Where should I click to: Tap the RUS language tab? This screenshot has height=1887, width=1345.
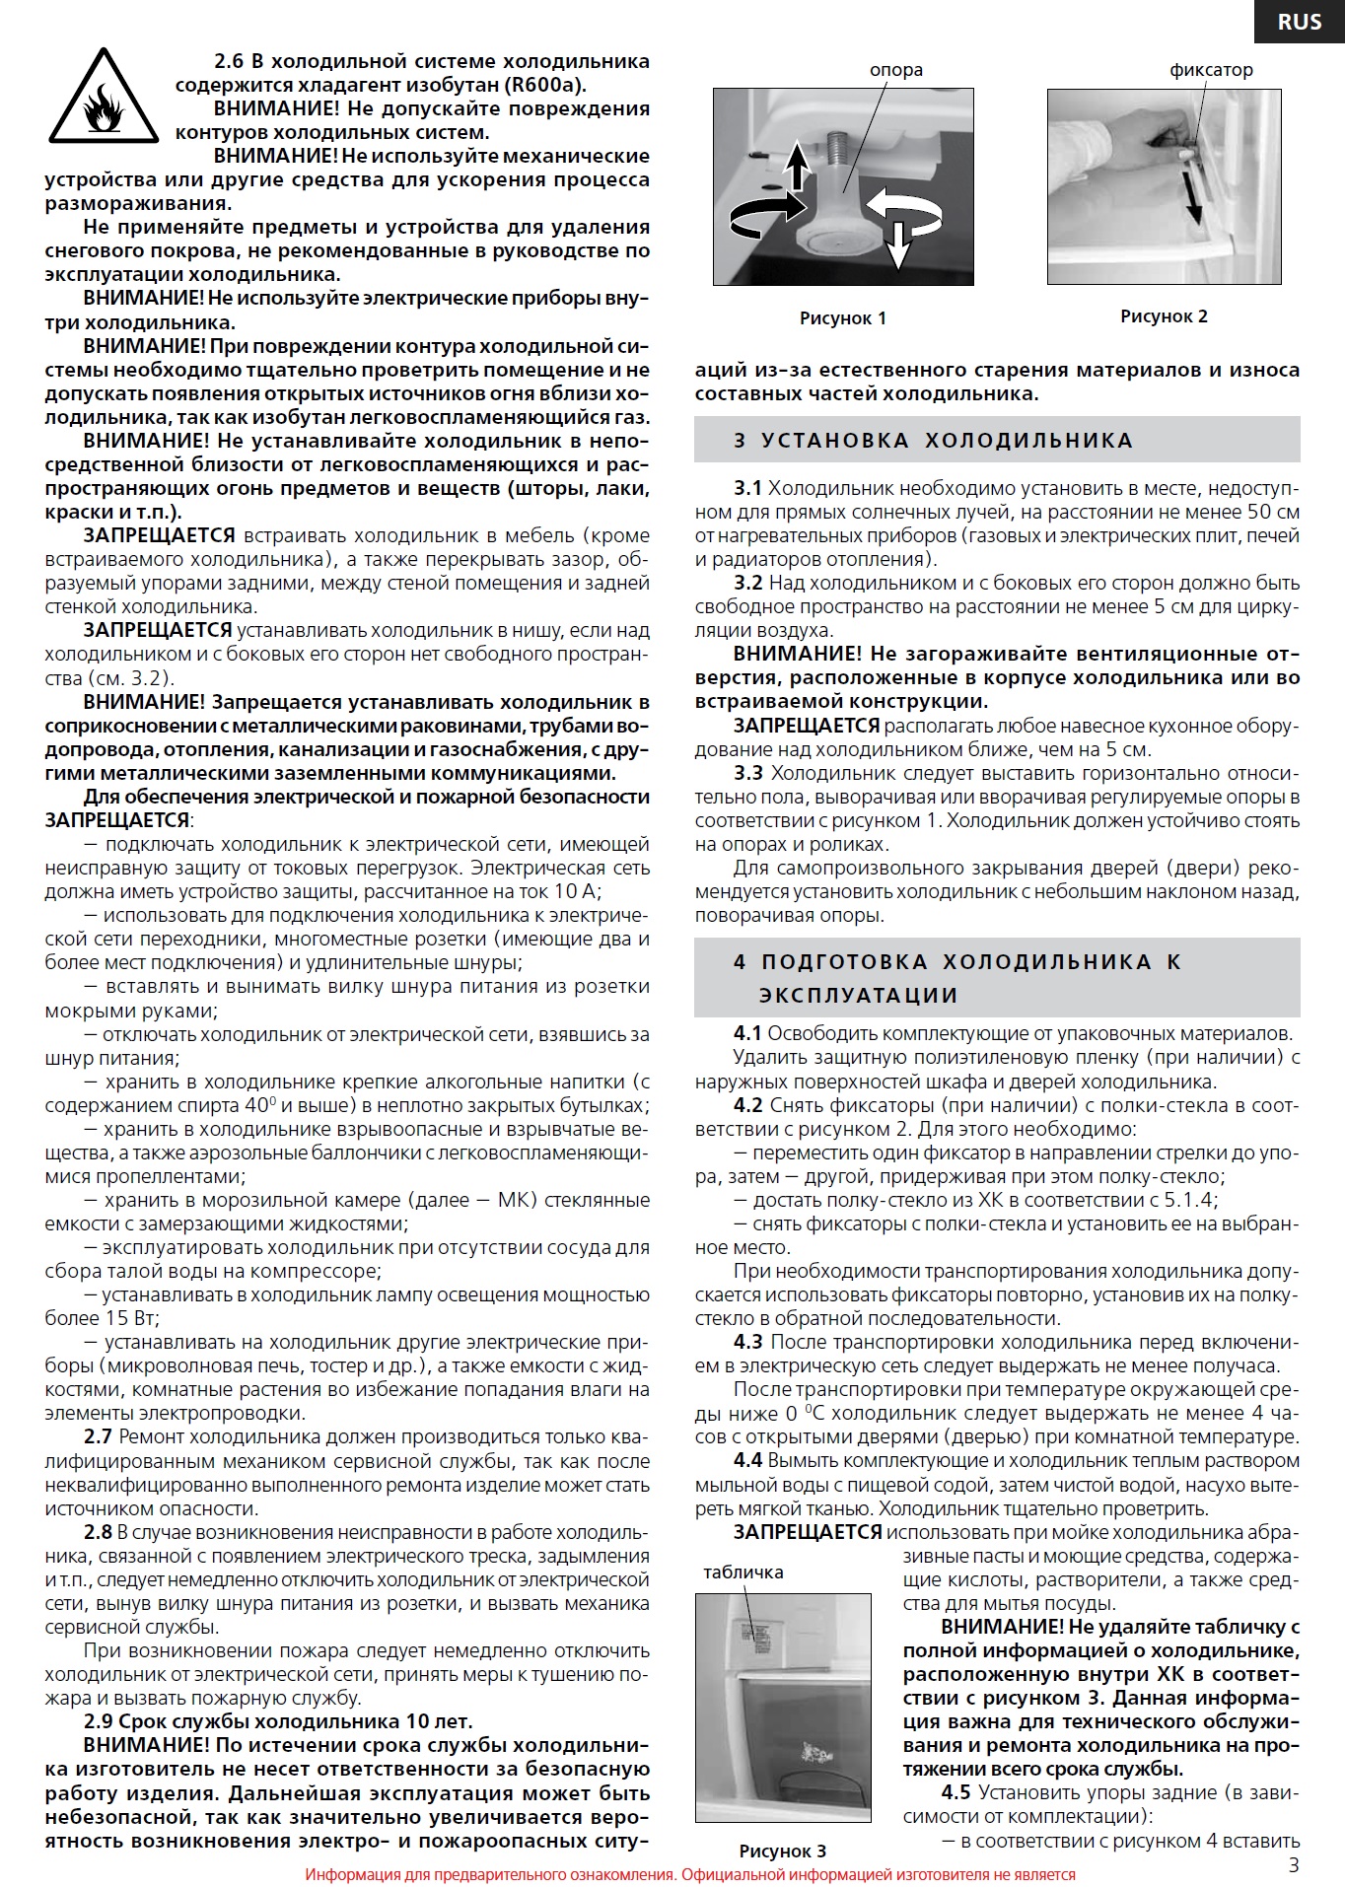coord(1299,22)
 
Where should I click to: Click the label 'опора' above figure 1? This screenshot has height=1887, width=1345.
coord(895,70)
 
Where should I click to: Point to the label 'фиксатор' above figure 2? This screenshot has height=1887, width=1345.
coord(1211,70)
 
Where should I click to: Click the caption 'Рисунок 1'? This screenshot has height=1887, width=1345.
coord(842,318)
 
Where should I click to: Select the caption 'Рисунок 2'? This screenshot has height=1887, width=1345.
coord(1164,316)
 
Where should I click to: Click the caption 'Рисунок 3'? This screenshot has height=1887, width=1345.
coord(782,1851)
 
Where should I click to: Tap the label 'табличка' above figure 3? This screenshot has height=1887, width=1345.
coord(743,1572)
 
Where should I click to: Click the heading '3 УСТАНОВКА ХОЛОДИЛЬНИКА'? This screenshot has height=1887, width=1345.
coord(933,441)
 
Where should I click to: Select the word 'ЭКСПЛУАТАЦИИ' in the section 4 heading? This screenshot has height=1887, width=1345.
coord(858,995)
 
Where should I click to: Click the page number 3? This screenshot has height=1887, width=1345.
coord(1294,1863)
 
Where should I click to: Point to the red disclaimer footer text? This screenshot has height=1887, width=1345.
coord(689,1874)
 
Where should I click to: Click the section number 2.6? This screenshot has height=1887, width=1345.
coord(229,61)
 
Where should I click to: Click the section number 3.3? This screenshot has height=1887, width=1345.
coord(747,773)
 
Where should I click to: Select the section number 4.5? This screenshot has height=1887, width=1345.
coord(955,1792)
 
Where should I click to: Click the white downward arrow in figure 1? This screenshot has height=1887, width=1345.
coord(896,244)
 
